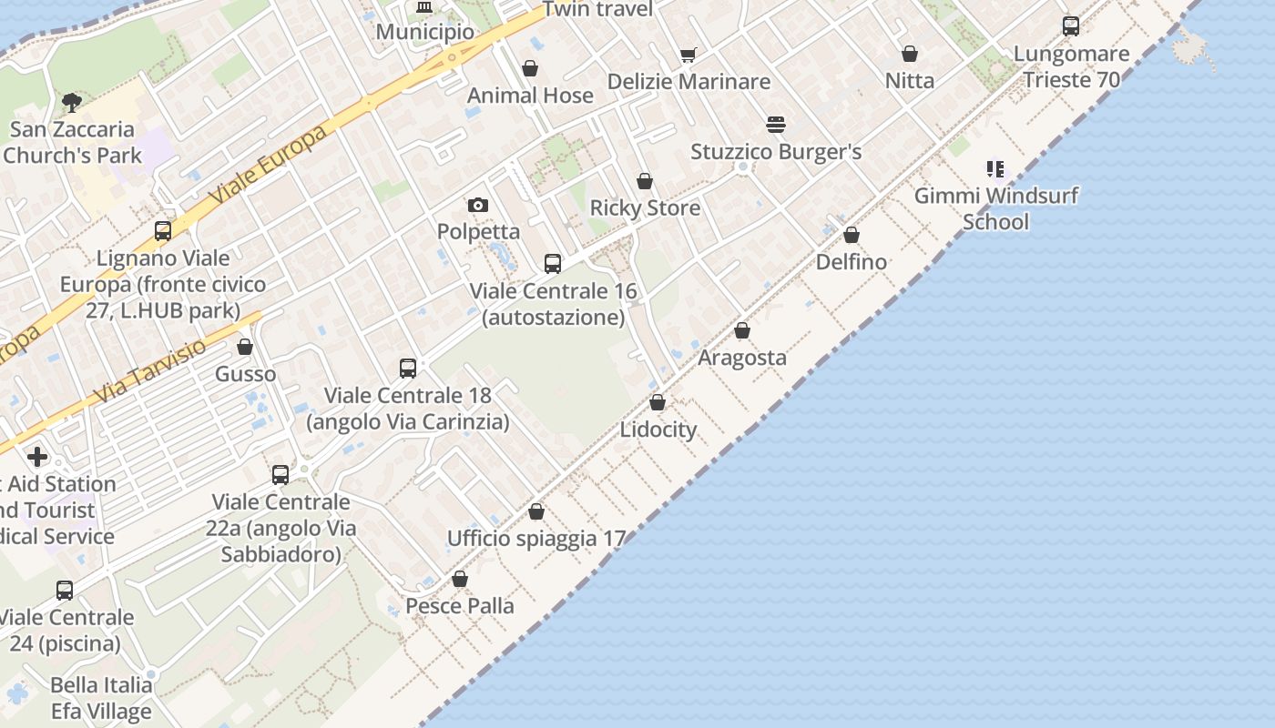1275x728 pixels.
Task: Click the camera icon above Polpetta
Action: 478,206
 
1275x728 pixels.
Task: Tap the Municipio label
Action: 424,32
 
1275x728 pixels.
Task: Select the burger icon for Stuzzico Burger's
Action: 776,125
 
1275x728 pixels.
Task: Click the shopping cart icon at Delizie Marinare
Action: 688,56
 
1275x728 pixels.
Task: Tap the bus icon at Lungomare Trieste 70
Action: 1071,26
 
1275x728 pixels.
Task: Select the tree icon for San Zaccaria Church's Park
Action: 71,103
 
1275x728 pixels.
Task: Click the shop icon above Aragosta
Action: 742,331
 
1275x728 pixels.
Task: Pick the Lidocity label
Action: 658,430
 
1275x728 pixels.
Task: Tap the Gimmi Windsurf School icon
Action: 995,169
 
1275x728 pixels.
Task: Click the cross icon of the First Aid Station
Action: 37,457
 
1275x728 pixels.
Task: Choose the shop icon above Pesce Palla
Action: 460,580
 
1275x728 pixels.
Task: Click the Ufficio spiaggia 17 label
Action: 535,539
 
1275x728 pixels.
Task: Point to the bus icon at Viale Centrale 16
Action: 553,265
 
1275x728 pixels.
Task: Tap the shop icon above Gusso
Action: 245,348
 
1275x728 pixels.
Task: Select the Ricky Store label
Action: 645,207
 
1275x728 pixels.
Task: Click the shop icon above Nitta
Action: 909,55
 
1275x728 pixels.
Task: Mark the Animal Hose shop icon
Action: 530,69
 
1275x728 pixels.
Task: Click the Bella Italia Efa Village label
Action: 101,698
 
